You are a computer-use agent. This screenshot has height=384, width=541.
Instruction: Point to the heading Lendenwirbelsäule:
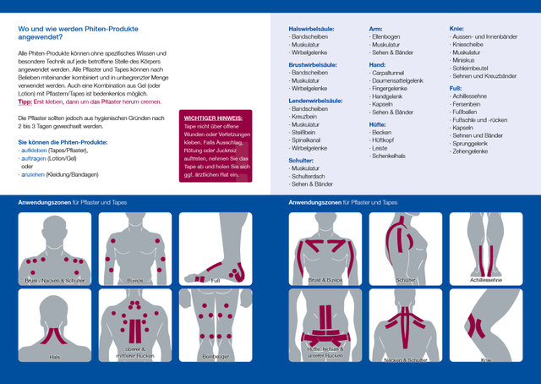pos(315,100)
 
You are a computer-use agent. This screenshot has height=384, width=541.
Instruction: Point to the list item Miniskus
pos(466,60)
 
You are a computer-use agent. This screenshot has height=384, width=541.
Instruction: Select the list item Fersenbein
pos(468,103)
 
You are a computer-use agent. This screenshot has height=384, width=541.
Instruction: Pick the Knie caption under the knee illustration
pos(485,359)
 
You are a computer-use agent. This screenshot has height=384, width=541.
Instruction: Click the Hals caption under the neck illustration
pos(54,356)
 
